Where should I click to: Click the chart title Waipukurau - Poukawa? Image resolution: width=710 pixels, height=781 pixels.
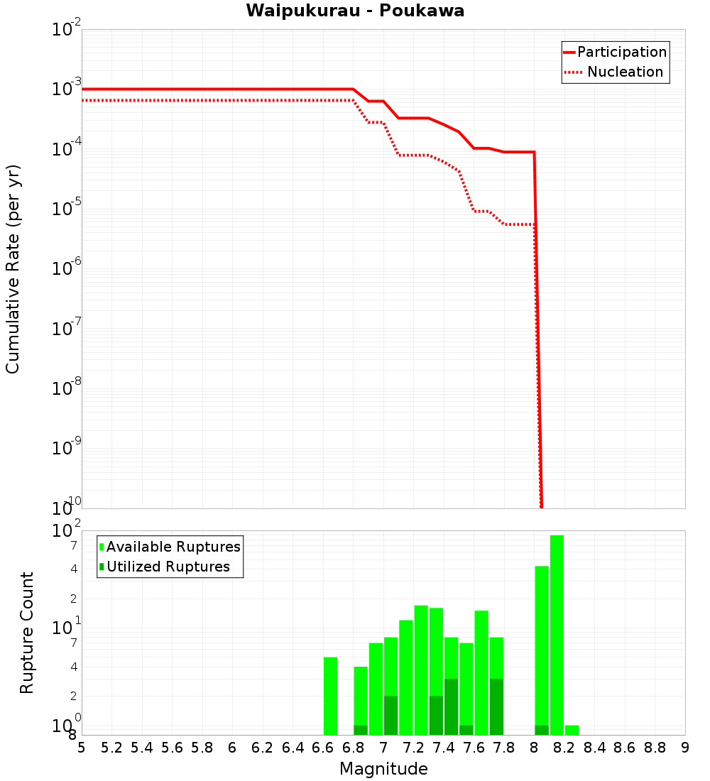coord(355,11)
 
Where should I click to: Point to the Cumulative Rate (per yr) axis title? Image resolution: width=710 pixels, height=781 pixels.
coord(13,269)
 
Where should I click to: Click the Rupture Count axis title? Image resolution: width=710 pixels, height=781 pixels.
coord(27,633)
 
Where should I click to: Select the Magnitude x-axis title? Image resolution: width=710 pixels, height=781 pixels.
coord(383,769)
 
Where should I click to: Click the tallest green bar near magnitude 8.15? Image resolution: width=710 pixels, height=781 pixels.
coord(557,634)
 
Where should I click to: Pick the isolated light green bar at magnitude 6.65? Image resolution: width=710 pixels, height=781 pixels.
coord(330,696)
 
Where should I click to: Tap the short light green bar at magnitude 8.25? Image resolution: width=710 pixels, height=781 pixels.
coord(572,730)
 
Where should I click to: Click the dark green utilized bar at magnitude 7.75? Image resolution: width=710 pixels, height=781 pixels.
coord(496,707)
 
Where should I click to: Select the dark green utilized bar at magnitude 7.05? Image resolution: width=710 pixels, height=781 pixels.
coord(390,716)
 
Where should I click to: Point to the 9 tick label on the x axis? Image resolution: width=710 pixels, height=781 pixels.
coord(685,748)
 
